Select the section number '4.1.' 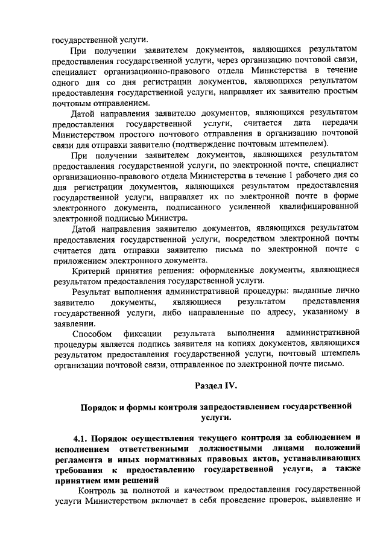(x=83, y=437)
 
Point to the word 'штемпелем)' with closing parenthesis (x=305, y=143)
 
